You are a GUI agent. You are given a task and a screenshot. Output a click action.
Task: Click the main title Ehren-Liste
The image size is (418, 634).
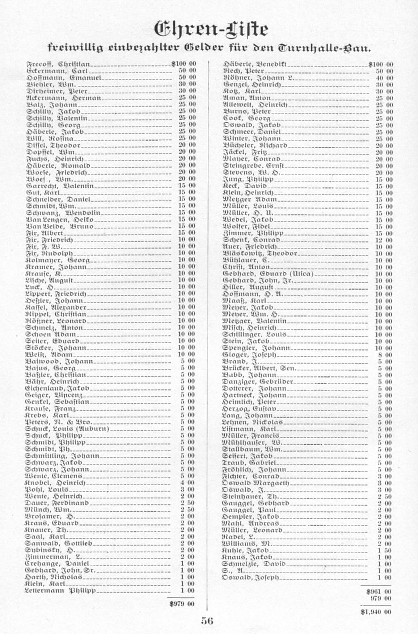(x=211, y=29)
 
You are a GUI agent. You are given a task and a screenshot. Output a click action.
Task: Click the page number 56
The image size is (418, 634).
(x=207, y=621)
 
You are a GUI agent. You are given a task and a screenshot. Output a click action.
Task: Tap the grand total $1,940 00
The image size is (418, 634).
(x=376, y=612)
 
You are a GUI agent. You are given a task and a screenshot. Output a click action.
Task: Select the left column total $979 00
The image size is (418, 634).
(x=182, y=604)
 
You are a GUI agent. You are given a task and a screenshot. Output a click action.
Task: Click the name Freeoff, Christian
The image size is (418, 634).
(x=58, y=64)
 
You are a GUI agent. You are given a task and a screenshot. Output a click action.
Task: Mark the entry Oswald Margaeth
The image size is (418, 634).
(x=256, y=483)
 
